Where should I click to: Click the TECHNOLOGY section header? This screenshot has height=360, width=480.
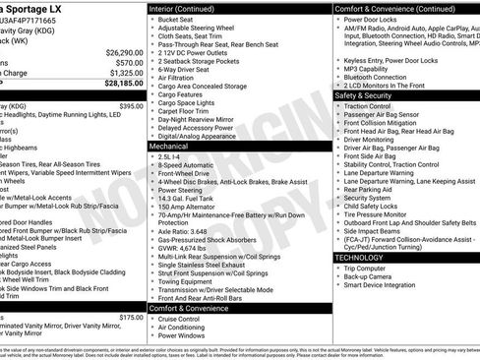(x=359, y=258)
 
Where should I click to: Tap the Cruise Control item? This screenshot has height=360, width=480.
(x=180, y=318)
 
